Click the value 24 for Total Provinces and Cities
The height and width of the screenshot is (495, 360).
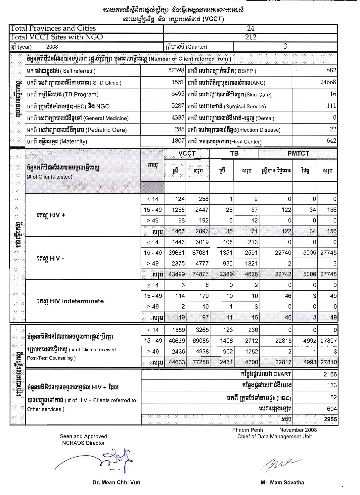click(x=250, y=28)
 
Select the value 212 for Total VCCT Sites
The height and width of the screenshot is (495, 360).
click(x=250, y=37)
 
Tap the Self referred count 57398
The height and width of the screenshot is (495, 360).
click(x=176, y=70)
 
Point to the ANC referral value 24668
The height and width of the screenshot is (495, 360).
click(x=328, y=82)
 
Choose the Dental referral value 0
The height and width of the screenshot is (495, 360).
click(x=334, y=118)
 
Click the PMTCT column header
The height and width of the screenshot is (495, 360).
click(x=298, y=153)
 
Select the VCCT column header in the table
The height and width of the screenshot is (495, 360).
click(x=187, y=153)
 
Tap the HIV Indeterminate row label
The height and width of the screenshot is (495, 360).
click(x=70, y=301)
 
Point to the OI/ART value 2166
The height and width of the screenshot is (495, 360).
click(x=330, y=374)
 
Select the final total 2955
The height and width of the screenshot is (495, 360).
click(x=330, y=419)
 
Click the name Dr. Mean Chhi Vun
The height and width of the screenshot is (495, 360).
click(x=116, y=482)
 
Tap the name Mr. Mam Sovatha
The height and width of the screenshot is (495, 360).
click(x=282, y=482)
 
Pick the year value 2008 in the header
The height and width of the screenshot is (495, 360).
click(x=52, y=47)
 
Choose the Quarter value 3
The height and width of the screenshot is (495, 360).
click(x=285, y=46)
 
